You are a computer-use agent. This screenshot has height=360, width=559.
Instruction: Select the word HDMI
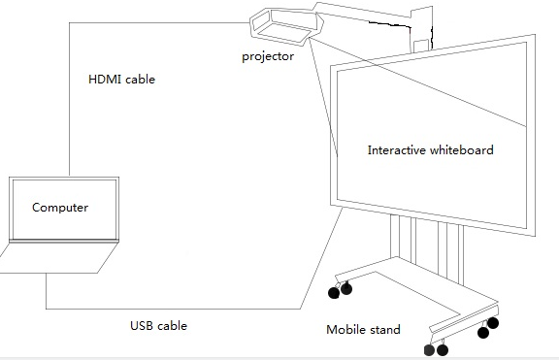[x=105, y=80]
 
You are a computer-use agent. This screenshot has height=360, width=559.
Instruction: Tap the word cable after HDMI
[x=140, y=80]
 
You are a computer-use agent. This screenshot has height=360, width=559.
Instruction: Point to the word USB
[x=143, y=326]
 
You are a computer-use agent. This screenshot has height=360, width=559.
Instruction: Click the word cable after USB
[x=172, y=326]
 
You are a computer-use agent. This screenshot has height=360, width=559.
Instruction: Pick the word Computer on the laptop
[x=60, y=208]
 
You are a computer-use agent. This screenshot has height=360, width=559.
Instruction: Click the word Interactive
[x=398, y=150]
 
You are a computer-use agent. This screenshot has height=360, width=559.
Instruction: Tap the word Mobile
[x=345, y=330]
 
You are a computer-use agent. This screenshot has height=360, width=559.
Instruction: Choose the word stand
[x=383, y=330]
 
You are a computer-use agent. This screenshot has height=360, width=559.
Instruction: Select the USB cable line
[x=194, y=309]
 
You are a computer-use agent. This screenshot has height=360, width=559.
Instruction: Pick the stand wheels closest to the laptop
[x=340, y=289]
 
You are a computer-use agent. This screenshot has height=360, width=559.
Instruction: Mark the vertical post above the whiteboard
[x=420, y=29]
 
